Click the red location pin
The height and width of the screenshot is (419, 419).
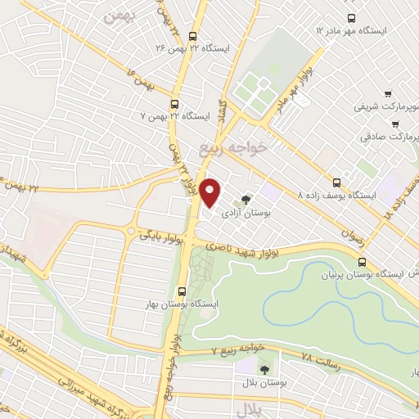coord(211,193)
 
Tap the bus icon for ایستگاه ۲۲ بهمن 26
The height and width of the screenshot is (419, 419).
coord(193,36)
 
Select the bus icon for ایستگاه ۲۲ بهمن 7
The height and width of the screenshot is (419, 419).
coord(174,104)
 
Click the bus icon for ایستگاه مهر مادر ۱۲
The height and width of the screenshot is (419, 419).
coord(351,18)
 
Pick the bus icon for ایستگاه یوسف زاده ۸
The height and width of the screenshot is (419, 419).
coord(338,182)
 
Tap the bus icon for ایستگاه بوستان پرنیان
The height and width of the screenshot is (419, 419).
coord(362,261)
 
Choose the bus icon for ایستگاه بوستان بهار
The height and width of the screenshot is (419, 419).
coord(182,290)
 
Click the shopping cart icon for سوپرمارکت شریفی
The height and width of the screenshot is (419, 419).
coord(387,94)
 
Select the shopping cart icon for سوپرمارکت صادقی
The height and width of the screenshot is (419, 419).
coord(395,124)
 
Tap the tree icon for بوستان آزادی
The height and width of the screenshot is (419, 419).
coord(246,199)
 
